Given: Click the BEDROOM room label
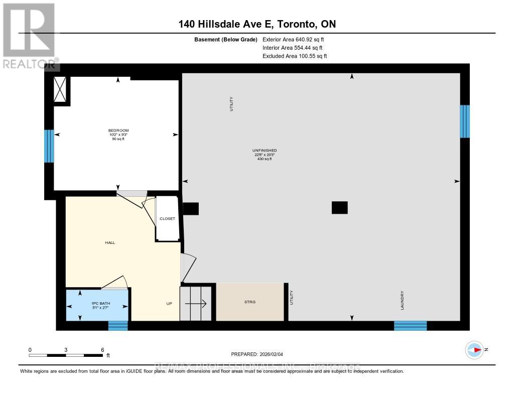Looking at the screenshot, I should pyautogui.click(x=118, y=130).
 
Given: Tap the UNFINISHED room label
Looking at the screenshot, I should pyautogui.click(x=265, y=151).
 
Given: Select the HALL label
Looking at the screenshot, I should pyautogui.click(x=110, y=242).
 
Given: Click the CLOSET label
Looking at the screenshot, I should pyautogui.click(x=167, y=219).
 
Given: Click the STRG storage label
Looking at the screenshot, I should pyautogui.click(x=249, y=302).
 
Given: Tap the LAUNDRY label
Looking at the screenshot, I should pyautogui.click(x=403, y=301).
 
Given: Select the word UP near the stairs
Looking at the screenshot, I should pyautogui.click(x=169, y=304).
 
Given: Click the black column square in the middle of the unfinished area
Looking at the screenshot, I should pyautogui.click(x=339, y=207).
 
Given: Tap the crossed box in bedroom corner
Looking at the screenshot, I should pyautogui.click(x=61, y=90).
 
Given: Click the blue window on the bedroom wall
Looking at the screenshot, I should pyautogui.click(x=49, y=146).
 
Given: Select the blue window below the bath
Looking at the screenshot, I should pyautogui.click(x=118, y=326).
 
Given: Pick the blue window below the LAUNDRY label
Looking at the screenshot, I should pyautogui.click(x=410, y=326).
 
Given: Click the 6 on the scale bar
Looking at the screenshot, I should pyautogui.click(x=102, y=349).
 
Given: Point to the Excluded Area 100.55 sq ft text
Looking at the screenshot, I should pyautogui.click(x=295, y=56).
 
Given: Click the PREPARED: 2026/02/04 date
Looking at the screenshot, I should pyautogui.click(x=257, y=354).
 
